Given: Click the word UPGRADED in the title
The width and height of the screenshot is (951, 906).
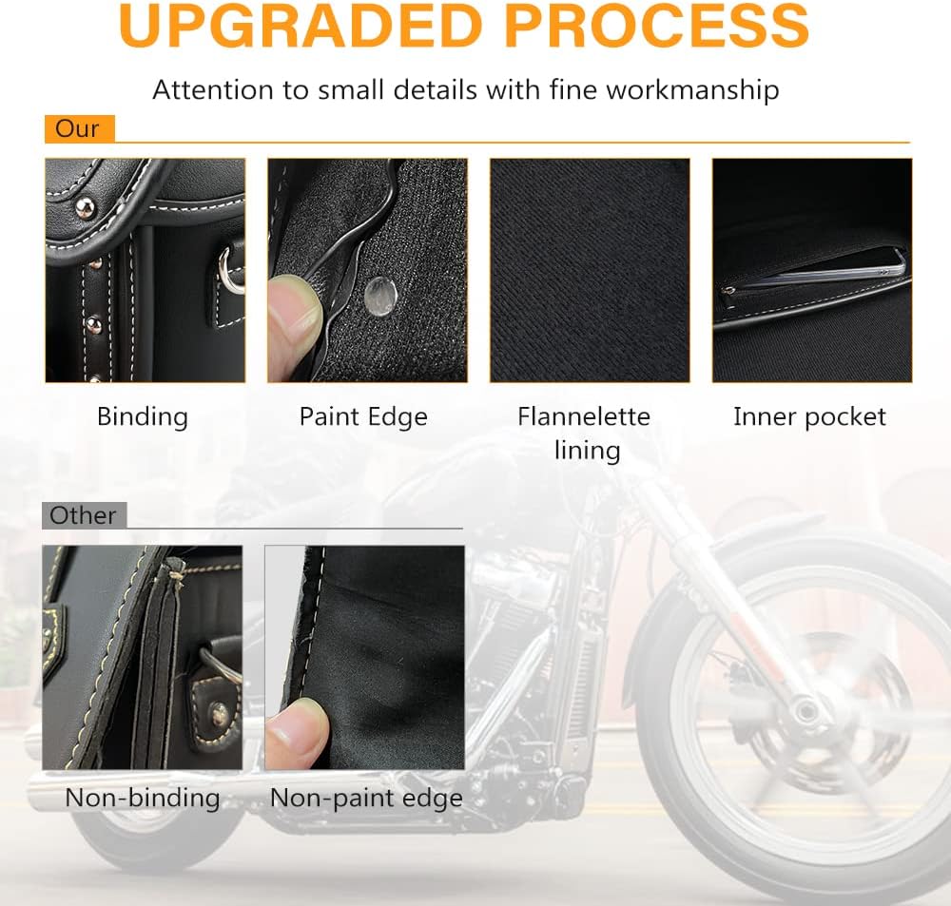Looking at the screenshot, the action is tap(301, 26).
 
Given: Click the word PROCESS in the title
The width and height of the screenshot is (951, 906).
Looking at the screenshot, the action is tap(657, 26).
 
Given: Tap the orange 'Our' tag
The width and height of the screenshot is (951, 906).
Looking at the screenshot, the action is tap(80, 128).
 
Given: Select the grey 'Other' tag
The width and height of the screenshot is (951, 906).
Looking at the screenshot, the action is tap(84, 515).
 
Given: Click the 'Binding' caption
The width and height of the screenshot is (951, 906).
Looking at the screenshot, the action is tap(143, 417).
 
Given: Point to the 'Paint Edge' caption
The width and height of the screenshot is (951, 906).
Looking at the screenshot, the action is tap(363, 416).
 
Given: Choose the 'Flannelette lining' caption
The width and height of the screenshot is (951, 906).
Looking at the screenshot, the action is tap(584, 434).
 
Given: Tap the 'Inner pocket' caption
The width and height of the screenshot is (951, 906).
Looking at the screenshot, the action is tap(809, 417).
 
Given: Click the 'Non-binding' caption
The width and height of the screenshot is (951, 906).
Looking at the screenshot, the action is tap(143, 798).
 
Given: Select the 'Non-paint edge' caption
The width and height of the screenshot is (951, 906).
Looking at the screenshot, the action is tap(366, 798).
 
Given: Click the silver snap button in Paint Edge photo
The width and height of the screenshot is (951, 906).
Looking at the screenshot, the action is tap(381, 296).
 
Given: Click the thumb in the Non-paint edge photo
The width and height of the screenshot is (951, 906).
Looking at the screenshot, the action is tap(296, 733).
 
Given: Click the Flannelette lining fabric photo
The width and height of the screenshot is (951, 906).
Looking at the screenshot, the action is tap(590, 270).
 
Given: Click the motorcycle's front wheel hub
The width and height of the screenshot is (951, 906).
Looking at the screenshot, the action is tap(805, 709).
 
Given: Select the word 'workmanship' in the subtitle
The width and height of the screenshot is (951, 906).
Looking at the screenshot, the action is tap(692, 89).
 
